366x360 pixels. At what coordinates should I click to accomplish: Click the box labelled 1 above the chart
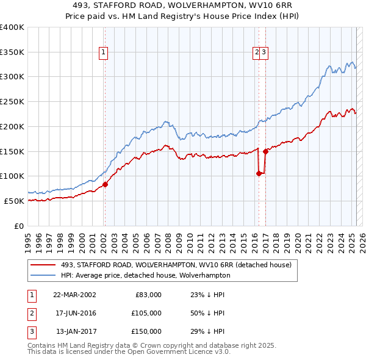pos(104,53)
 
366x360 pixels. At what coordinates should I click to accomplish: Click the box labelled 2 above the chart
pos(257,53)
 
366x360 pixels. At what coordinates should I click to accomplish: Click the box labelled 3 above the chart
pos(264,53)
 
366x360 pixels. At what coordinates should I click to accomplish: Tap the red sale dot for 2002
pos(105,184)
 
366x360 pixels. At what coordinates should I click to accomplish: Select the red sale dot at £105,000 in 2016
pos(259,173)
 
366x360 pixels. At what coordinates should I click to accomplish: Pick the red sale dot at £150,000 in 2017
pos(265,151)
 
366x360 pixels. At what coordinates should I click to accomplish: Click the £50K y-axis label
pos(13,201)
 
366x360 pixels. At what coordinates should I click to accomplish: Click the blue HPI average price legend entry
pos(145,275)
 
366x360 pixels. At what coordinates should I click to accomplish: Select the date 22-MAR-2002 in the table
pos(74,295)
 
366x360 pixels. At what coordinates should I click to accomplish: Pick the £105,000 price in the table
pos(146,313)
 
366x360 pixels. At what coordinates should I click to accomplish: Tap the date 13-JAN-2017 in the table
pos(74,331)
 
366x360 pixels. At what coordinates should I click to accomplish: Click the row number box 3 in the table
pos(30,331)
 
